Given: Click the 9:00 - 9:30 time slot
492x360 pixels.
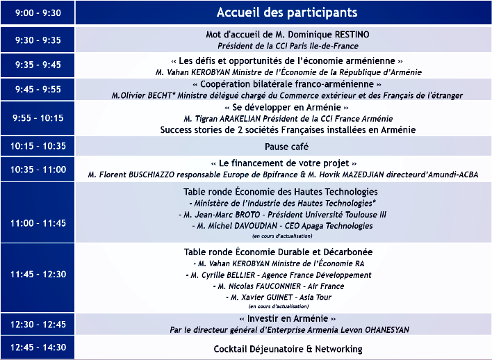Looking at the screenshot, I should coord(38,13).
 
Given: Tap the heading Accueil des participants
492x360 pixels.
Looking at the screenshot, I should coord(287,13).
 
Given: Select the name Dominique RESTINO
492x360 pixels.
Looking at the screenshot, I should coord(327,34).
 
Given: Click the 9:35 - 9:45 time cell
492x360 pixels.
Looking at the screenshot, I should coord(38,65).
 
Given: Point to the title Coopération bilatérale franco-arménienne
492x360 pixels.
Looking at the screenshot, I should coord(287,83).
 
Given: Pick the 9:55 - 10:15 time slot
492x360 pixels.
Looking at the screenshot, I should coord(38,118).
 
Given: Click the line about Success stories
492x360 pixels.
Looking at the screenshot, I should coord(288,129).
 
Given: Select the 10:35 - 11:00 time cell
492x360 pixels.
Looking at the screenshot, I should coord(38,169).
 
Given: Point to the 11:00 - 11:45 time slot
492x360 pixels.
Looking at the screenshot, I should coord(38,223).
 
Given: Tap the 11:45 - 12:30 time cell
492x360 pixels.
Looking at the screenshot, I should coord(38,275).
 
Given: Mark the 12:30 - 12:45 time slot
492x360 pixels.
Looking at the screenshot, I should coord(38,324).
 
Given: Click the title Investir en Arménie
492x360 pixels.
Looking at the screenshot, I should coord(287,318).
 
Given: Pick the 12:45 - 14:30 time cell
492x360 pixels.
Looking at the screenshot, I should coord(38,347).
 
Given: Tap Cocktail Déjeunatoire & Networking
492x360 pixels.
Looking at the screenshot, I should coord(287,348).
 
